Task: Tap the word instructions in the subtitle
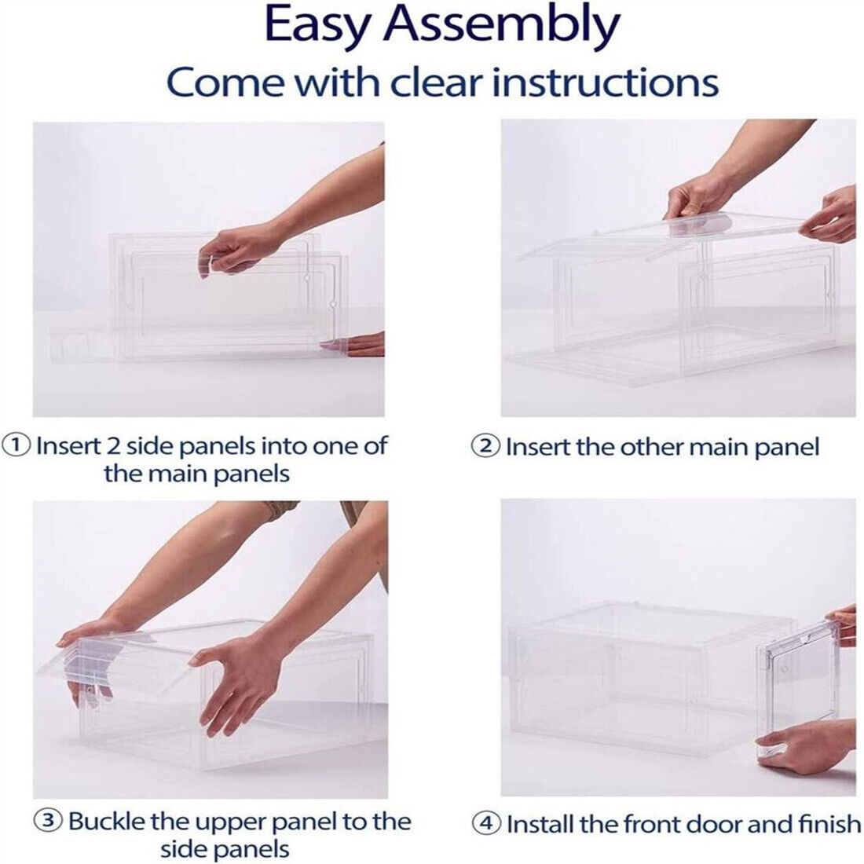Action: click(x=605, y=82)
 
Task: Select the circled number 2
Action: click(x=485, y=445)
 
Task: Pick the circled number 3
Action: click(x=49, y=820)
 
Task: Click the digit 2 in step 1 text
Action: click(x=114, y=445)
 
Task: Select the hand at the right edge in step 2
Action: click(x=830, y=215)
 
